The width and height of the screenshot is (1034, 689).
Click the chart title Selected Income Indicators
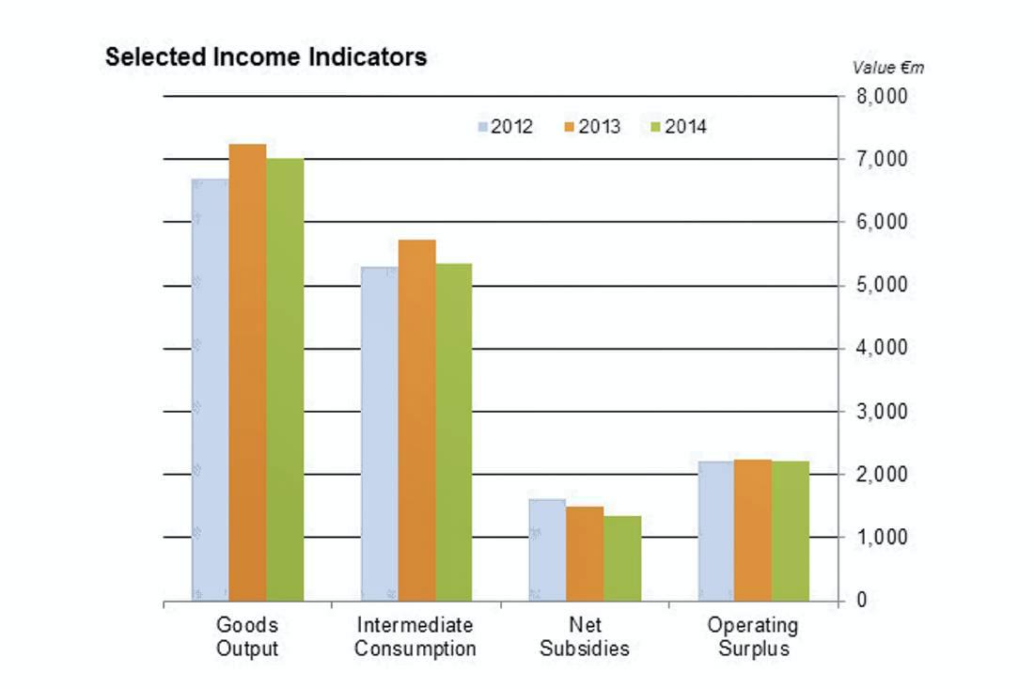pyautogui.click(x=266, y=57)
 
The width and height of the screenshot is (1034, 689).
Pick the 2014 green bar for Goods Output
pyautogui.click(x=285, y=380)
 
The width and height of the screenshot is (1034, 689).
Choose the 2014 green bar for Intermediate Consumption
pyautogui.click(x=454, y=431)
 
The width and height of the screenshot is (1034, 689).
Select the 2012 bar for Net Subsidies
pyautogui.click(x=547, y=550)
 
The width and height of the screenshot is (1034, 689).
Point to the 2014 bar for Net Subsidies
pyautogui.click(x=622, y=558)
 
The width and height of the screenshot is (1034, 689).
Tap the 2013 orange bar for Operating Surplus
pyautogui.click(x=752, y=530)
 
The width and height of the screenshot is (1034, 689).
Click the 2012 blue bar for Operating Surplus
pyautogui.click(x=715, y=531)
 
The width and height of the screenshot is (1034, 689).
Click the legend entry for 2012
pyautogui.click(x=505, y=127)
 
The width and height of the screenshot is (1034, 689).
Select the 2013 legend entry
pyautogui.click(x=591, y=127)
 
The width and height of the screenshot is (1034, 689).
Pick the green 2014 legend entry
pyautogui.click(x=678, y=127)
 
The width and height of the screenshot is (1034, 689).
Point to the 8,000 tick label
pyautogui.click(x=882, y=97)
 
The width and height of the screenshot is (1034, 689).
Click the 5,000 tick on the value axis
pyautogui.click(x=882, y=285)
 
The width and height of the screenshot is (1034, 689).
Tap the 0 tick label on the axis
pyautogui.click(x=862, y=600)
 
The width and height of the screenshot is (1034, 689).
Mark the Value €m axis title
pyautogui.click(x=888, y=68)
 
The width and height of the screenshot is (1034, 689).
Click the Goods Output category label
pyautogui.click(x=247, y=636)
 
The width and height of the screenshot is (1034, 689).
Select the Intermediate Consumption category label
pyautogui.click(x=415, y=636)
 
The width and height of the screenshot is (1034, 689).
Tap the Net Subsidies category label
pyautogui.click(x=585, y=636)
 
